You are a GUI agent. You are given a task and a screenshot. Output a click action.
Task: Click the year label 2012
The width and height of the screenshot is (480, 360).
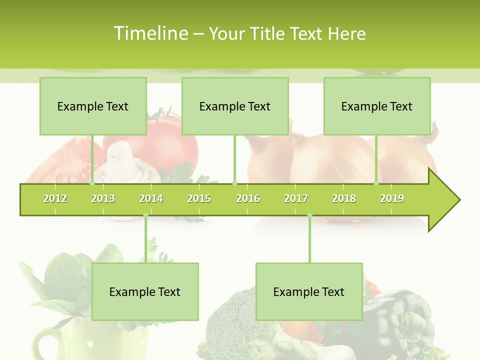[55, 198]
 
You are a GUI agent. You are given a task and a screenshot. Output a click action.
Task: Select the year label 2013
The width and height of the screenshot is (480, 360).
[103, 198]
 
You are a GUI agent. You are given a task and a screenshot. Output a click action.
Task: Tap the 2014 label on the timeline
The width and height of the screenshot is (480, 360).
[151, 198]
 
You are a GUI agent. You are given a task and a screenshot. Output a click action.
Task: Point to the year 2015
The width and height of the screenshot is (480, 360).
[199, 198]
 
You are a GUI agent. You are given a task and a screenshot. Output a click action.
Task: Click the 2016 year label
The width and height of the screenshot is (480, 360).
[248, 198]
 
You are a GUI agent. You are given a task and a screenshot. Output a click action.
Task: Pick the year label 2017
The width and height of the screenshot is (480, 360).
[296, 198]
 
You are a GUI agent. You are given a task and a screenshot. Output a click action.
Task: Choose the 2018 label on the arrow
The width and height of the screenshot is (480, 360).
[344, 198]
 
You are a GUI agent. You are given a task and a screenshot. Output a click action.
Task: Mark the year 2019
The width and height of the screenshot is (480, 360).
[392, 198]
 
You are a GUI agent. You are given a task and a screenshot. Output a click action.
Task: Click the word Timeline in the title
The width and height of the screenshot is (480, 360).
[150, 33]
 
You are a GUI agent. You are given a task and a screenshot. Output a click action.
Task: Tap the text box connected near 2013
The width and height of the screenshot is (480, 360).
[93, 106]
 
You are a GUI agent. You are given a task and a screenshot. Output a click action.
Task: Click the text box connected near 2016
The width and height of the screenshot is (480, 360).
[235, 106]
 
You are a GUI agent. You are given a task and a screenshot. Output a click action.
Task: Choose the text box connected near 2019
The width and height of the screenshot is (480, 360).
[377, 106]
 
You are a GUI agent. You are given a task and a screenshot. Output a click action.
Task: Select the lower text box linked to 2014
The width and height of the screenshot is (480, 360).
[145, 292]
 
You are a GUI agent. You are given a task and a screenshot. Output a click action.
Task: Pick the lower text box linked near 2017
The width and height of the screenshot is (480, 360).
[309, 292]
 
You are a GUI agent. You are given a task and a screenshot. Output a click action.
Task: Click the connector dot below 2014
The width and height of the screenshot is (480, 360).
[146, 215]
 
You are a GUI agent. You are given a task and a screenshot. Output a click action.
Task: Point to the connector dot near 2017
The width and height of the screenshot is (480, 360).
[309, 215]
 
